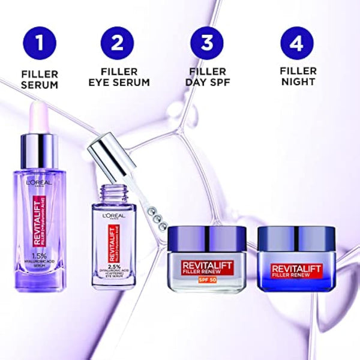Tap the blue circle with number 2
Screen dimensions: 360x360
(118, 43)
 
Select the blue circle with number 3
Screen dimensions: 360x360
(207, 43)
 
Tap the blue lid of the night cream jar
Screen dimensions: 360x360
(296, 233)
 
